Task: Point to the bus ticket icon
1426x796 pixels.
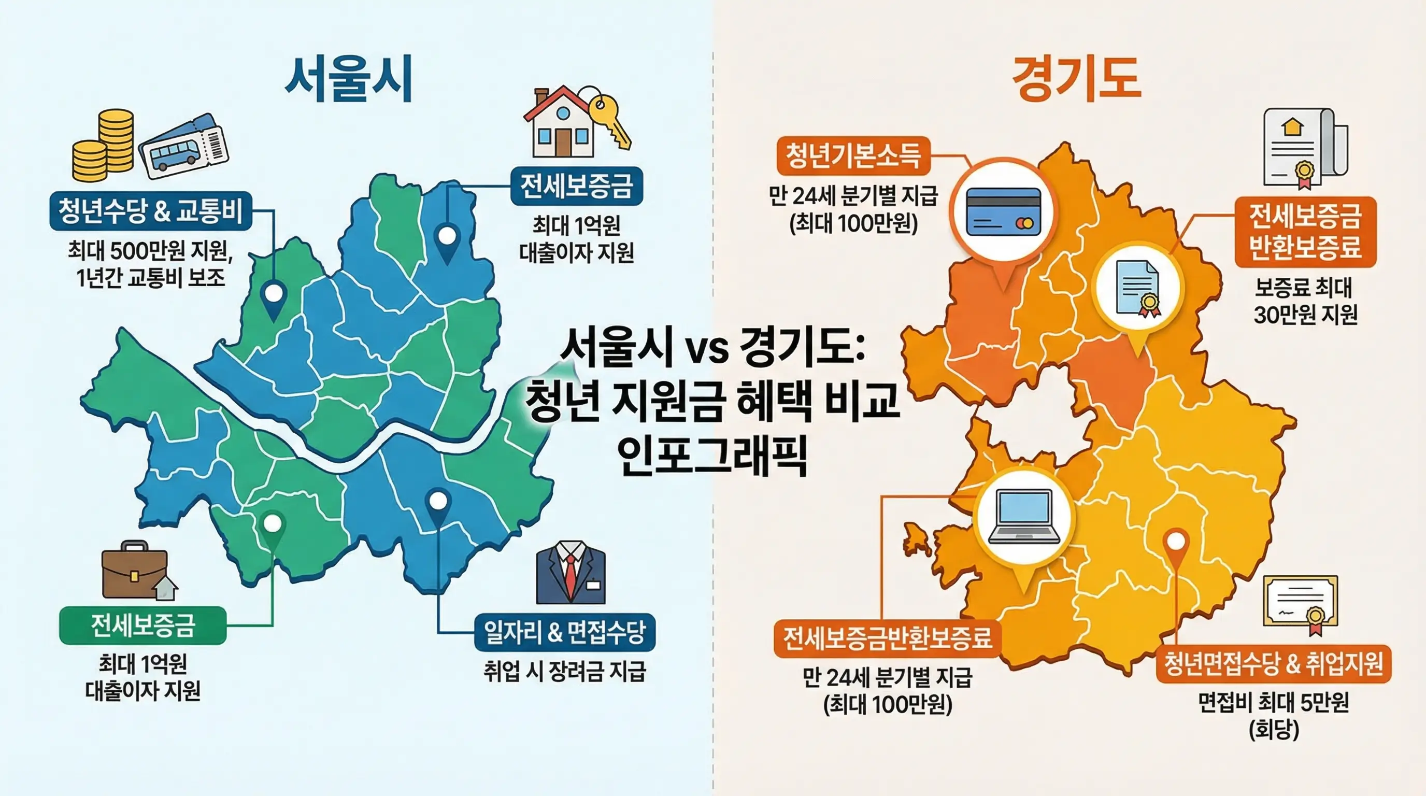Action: coord(183,146)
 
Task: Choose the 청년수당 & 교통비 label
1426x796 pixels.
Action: coord(151,211)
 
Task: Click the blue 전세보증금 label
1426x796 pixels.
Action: coord(576,186)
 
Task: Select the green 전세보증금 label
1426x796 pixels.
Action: coord(143,626)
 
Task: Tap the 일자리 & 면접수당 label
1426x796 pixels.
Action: coord(565,632)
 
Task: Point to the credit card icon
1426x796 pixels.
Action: coord(1003,212)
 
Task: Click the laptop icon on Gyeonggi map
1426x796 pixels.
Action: coord(1024,517)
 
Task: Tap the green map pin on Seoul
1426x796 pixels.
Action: coord(273,526)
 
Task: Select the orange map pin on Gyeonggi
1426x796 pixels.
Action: coord(1176,545)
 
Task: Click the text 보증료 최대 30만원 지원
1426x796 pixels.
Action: coord(1305,301)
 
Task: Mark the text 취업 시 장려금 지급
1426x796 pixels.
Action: coord(565,672)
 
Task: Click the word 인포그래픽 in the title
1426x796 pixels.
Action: coord(712,455)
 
